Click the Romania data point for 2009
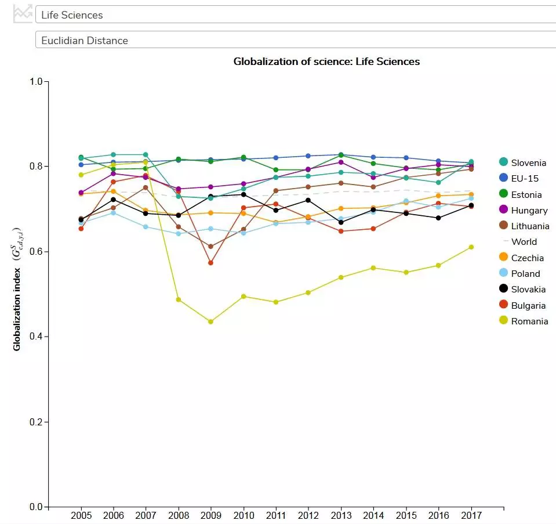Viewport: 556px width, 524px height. point(210,321)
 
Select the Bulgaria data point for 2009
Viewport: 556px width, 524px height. point(210,263)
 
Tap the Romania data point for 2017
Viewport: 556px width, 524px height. point(471,247)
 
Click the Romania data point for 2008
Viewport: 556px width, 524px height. point(179,299)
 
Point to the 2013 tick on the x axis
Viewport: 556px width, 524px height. point(341,509)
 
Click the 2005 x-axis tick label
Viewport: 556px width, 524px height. point(81,515)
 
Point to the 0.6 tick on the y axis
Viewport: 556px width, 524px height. point(47,252)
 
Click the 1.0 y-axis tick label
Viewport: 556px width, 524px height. point(37,81)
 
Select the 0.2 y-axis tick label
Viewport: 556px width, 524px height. point(37,422)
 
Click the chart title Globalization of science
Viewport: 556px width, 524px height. point(326,62)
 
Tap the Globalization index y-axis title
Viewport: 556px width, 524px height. point(17,287)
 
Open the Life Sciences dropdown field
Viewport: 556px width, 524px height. point(296,15)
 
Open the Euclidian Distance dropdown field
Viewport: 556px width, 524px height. point(296,40)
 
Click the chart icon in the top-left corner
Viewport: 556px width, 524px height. point(23,13)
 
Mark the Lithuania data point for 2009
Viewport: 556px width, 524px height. point(210,247)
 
